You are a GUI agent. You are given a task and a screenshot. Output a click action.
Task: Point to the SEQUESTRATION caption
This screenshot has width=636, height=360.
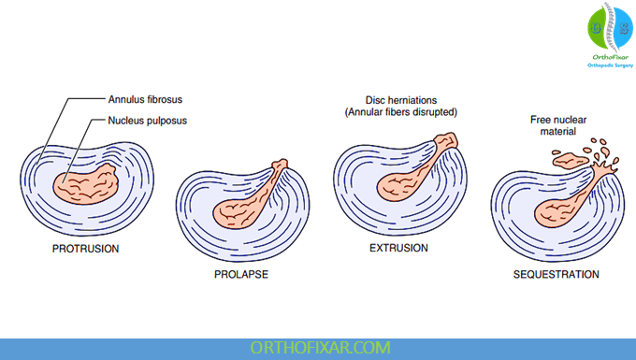click(556, 274)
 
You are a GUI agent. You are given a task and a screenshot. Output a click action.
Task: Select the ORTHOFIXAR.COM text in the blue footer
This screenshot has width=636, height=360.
click(317, 348)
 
